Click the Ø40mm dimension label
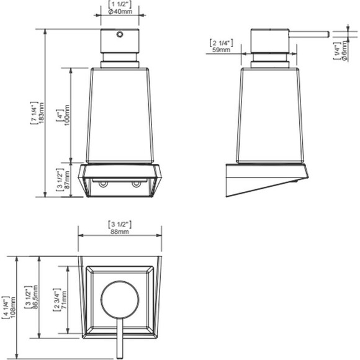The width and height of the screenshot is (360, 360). tap(120, 11)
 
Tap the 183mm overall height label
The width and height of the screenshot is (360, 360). tap(42, 113)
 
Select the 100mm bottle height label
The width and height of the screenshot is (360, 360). tap(67, 117)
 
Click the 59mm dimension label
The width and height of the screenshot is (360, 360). tap(221, 50)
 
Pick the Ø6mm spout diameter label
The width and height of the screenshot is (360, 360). tap(344, 50)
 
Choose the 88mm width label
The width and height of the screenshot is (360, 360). tap(120, 232)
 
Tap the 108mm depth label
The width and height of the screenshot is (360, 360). tap(12, 307)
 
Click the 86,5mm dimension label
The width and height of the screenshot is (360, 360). tap(35, 297)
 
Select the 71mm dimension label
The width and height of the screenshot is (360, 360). tap(64, 300)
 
